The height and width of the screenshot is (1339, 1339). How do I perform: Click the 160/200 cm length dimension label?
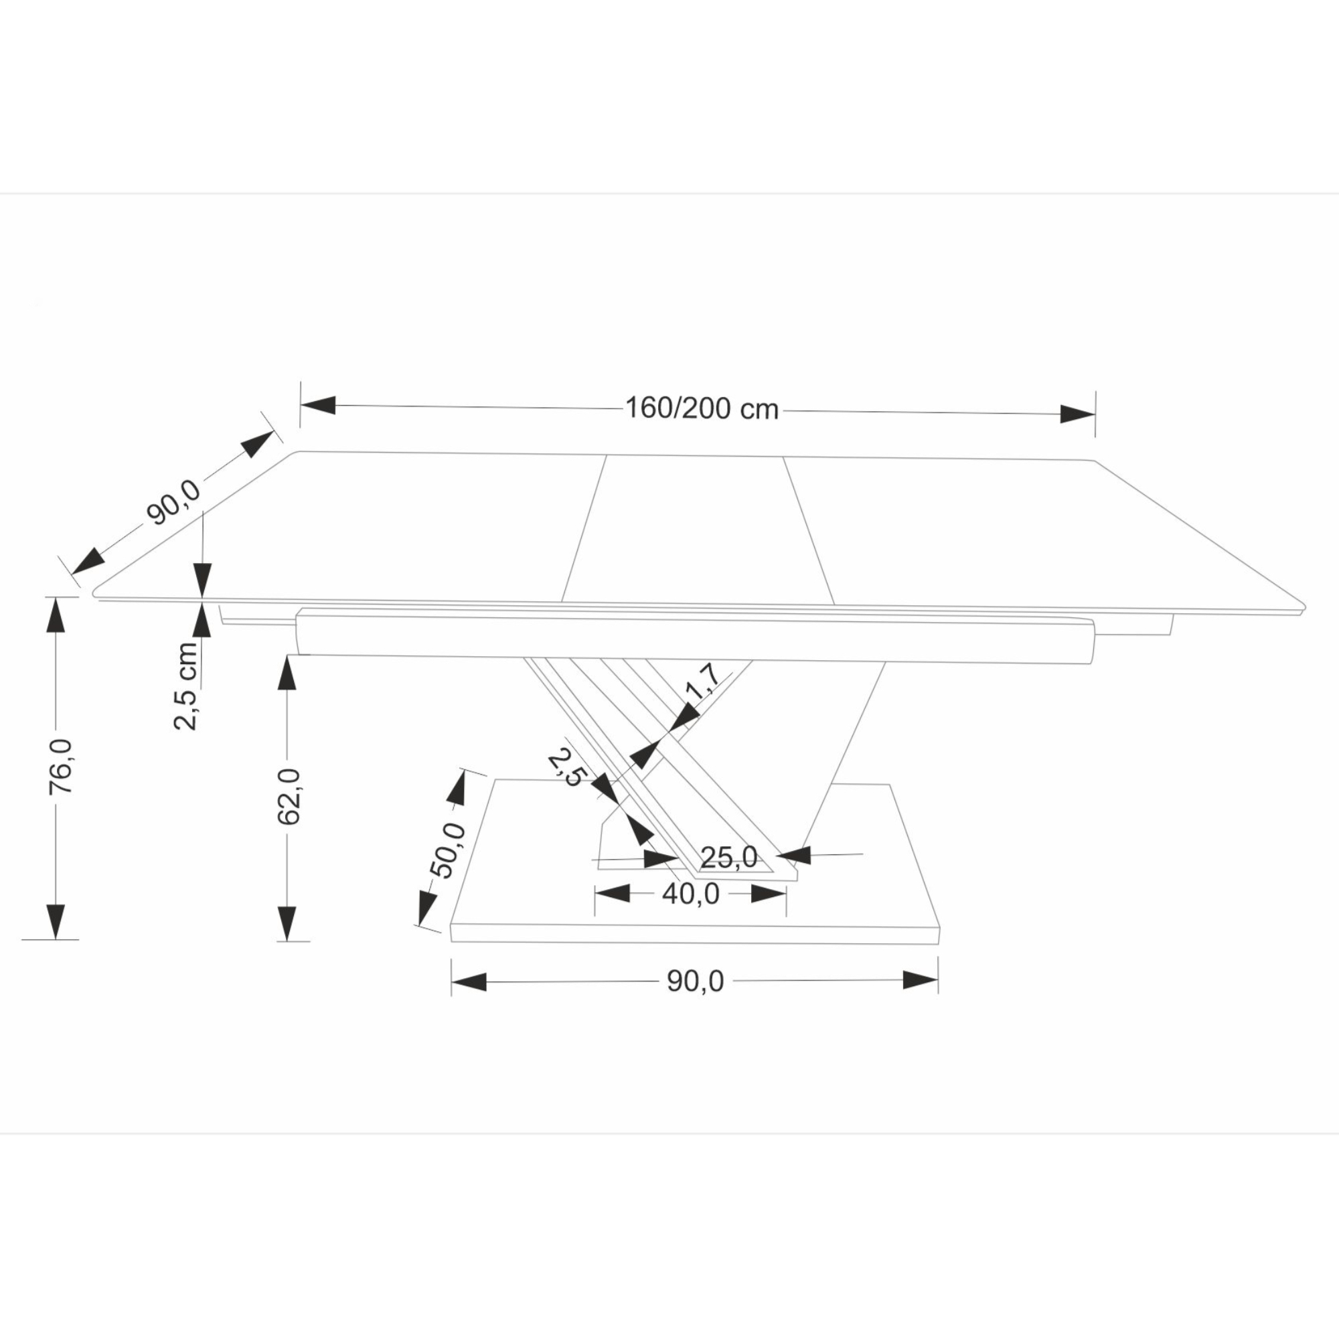[702, 409]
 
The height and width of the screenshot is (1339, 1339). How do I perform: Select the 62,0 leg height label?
[289, 796]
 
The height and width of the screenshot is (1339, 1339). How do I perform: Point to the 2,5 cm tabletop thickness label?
[185, 686]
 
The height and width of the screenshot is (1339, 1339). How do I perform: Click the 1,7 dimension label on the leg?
[703, 682]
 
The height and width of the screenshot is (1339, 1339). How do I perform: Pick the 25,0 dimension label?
[729, 858]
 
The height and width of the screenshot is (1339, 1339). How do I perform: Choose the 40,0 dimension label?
[690, 894]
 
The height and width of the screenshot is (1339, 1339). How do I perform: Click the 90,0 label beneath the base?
[695, 981]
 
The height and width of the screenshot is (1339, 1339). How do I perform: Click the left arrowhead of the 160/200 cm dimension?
[318, 406]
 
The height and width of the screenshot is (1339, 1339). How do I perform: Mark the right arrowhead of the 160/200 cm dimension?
[1078, 414]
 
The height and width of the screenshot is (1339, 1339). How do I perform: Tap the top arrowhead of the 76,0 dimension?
[55, 615]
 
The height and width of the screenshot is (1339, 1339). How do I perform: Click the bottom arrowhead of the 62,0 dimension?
[287, 923]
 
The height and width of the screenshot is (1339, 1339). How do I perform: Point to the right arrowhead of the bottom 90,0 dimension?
[921, 980]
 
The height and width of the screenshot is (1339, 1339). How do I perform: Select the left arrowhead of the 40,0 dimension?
[613, 893]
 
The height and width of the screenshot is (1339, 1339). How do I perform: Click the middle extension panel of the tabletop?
[696, 530]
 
